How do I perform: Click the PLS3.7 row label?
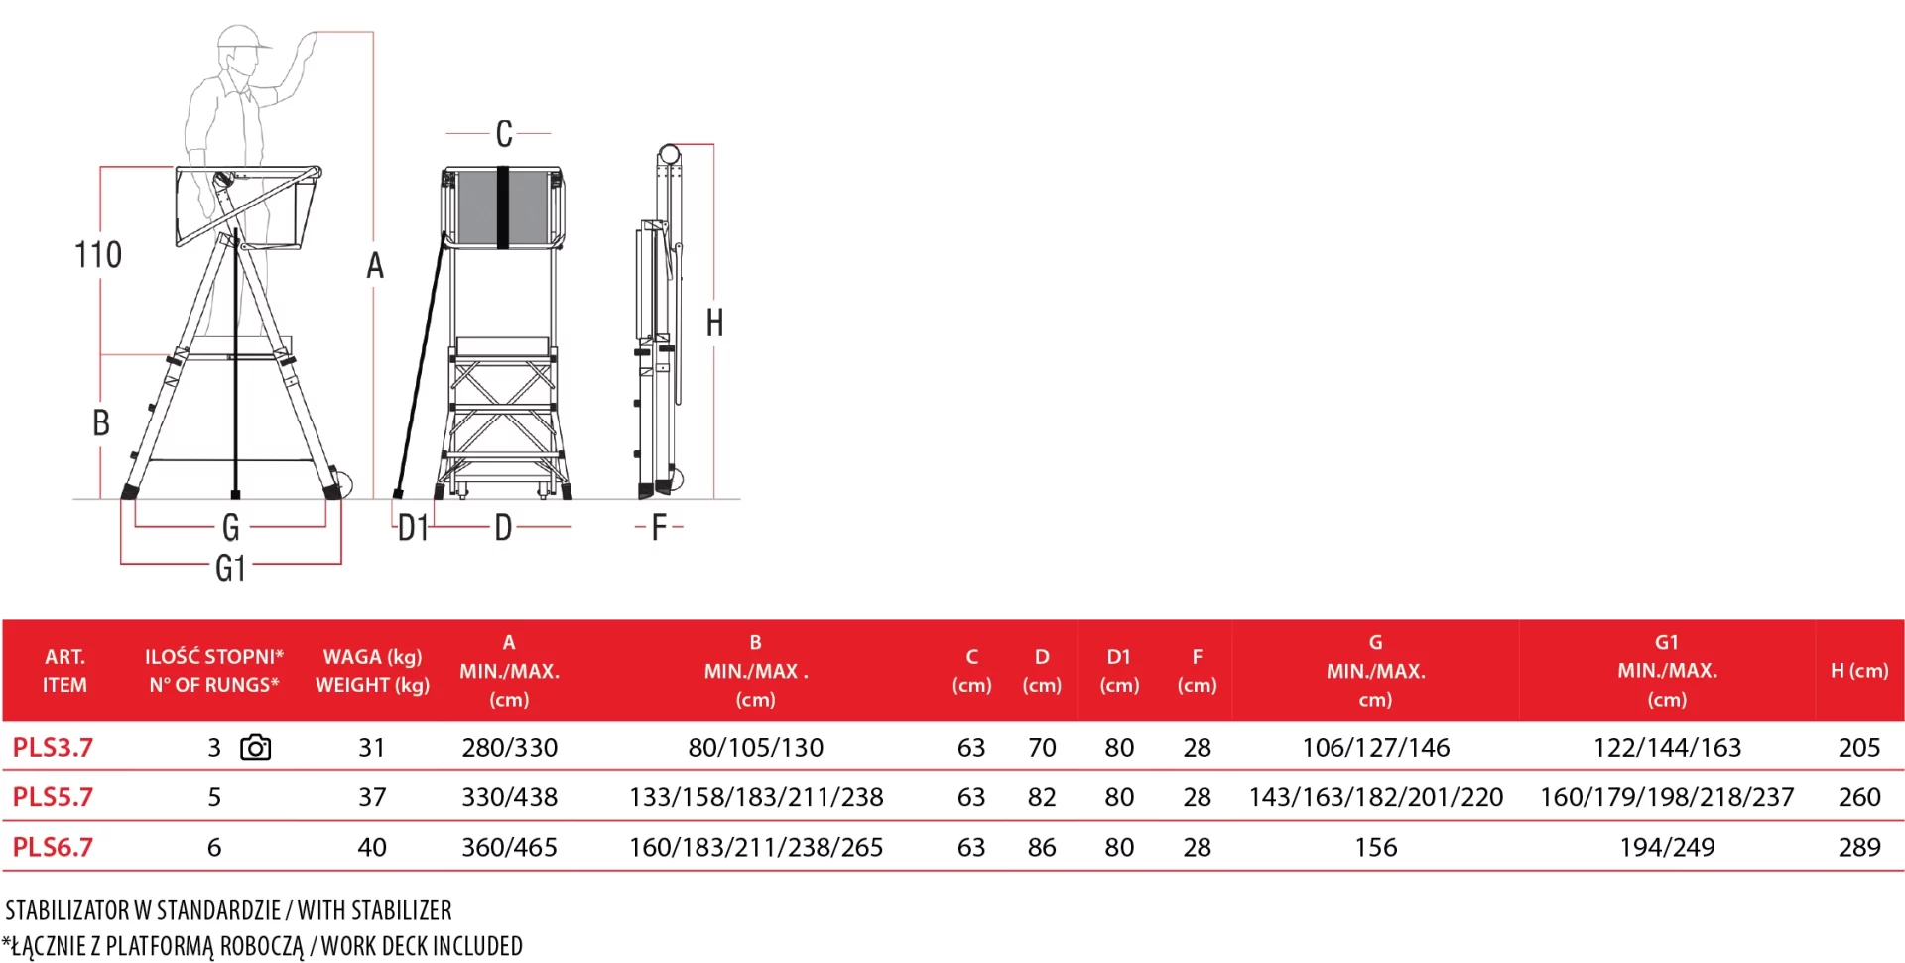[x=53, y=747]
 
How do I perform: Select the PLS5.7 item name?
[x=53, y=796]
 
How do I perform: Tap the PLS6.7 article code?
[x=53, y=847]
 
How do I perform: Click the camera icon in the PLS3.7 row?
[x=256, y=748]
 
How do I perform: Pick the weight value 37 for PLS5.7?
[x=372, y=797]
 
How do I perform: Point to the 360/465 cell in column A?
[x=509, y=847]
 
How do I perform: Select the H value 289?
[x=1859, y=847]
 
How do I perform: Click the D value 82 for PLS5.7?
[x=1042, y=797]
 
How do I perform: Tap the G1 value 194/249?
[x=1667, y=847]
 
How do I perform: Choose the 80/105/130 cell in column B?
[x=756, y=747]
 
